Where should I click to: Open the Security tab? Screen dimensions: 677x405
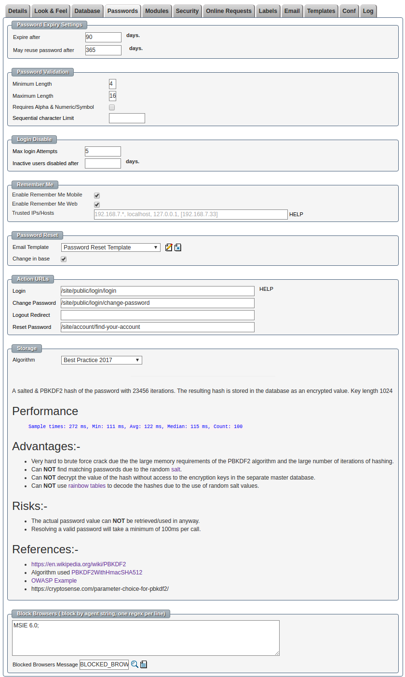pyautogui.click(x=187, y=11)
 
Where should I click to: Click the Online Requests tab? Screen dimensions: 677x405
pyautogui.click(x=229, y=11)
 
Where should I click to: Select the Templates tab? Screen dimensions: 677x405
pyautogui.click(x=321, y=11)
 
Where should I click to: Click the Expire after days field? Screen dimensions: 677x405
pyautogui.click(x=103, y=37)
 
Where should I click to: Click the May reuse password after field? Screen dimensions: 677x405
pyautogui.click(x=103, y=50)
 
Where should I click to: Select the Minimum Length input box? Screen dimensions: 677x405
pyautogui.click(x=112, y=84)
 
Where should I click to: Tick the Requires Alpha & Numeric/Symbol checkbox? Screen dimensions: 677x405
pyautogui.click(x=112, y=107)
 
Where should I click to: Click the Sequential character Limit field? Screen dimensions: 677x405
pyautogui.click(x=127, y=118)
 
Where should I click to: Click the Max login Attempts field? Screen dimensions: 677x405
pyautogui.click(x=103, y=151)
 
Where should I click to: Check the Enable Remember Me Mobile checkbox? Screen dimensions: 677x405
pyautogui.click(x=97, y=195)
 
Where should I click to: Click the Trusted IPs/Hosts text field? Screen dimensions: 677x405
pyautogui.click(x=190, y=214)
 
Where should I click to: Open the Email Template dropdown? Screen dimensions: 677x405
pyautogui.click(x=111, y=247)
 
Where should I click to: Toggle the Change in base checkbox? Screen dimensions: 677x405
pyautogui.click(x=64, y=259)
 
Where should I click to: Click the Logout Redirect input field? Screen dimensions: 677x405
pyautogui.click(x=157, y=315)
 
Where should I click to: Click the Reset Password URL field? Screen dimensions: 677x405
pyautogui.click(x=157, y=327)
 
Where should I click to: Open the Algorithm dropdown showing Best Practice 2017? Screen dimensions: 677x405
pyautogui.click(x=102, y=360)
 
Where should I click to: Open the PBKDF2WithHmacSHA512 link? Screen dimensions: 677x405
pyautogui.click(x=107, y=573)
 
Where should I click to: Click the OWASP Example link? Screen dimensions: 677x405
pyautogui.click(x=54, y=581)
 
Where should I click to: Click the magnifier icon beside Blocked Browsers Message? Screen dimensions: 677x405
pyautogui.click(x=135, y=664)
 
